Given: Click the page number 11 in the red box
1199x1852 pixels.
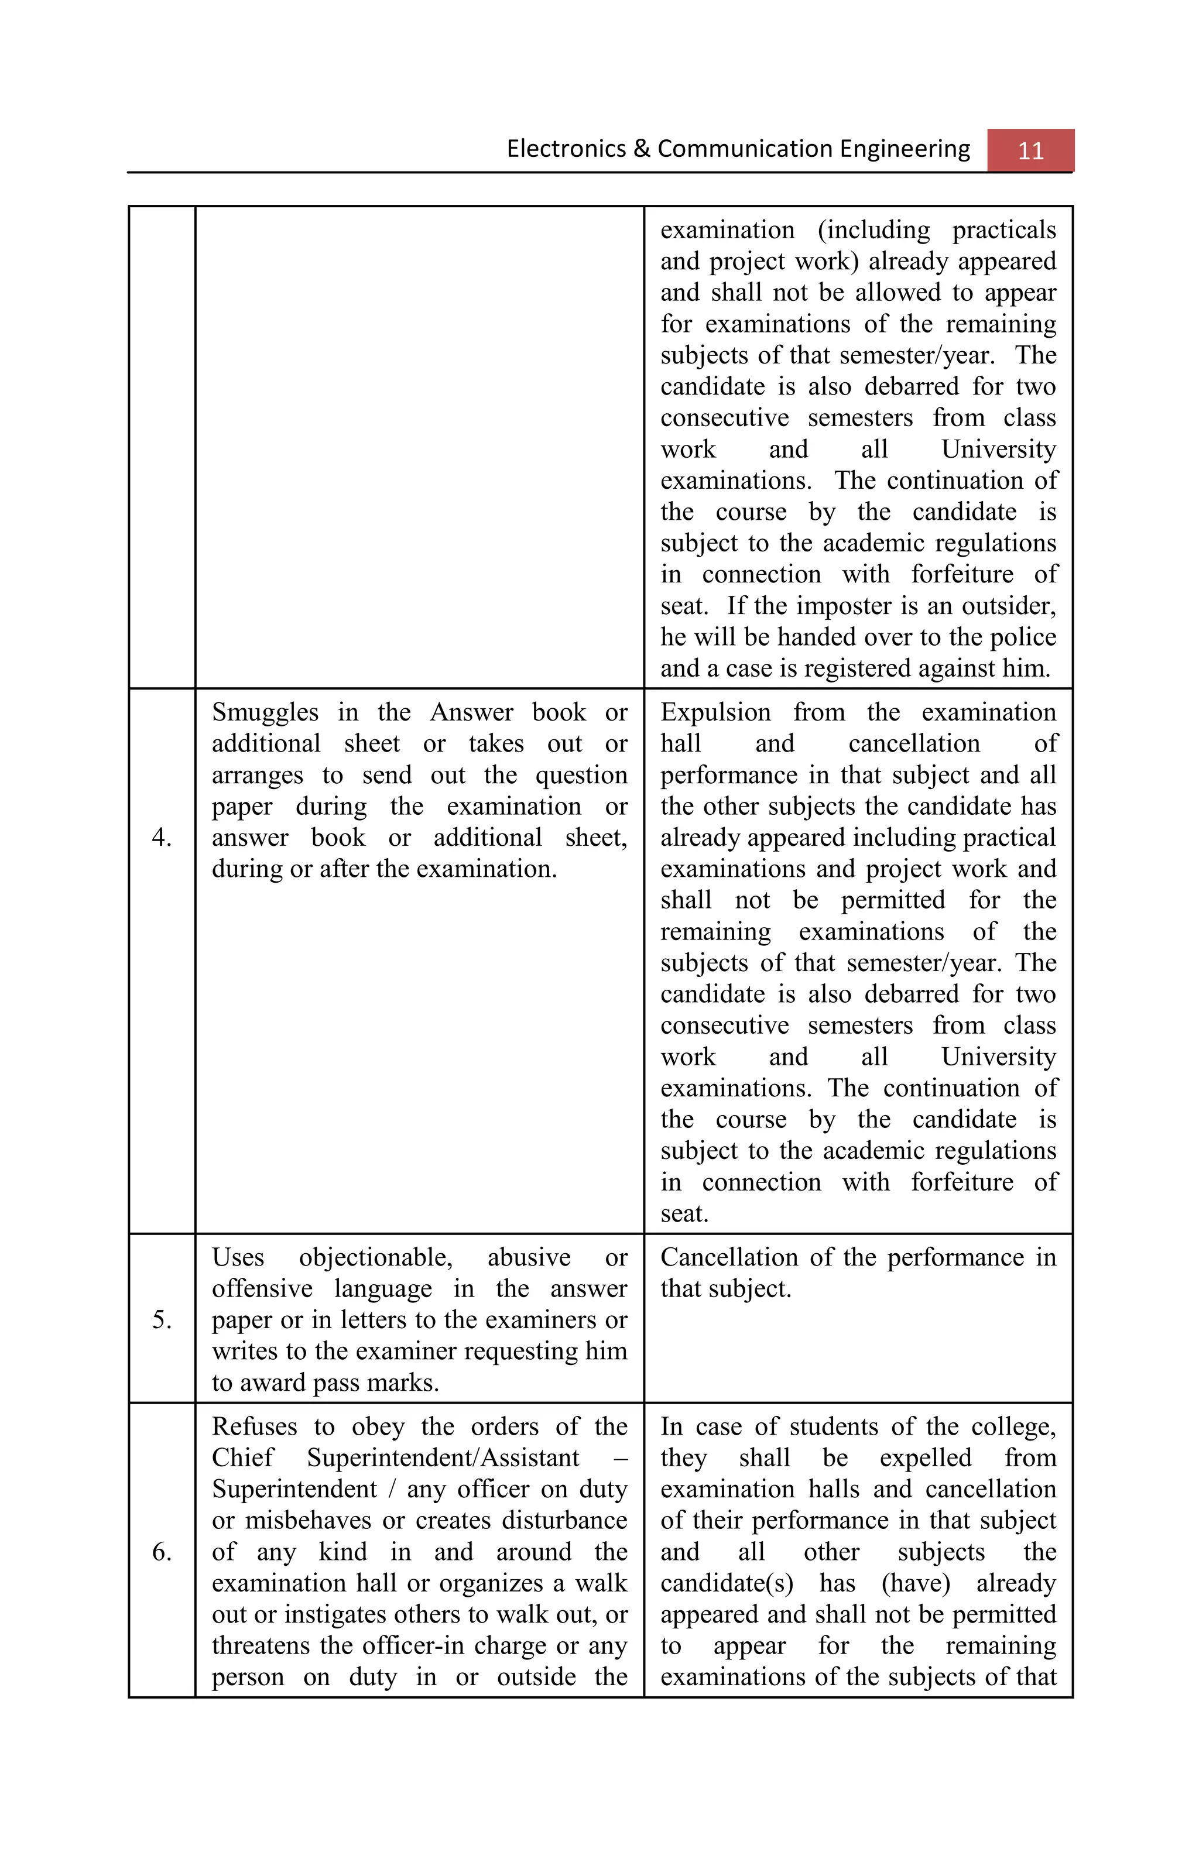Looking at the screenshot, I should click(x=1030, y=150).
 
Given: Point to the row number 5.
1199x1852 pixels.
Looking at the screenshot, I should click(x=162, y=1320).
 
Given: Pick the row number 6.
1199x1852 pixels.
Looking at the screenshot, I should click(x=162, y=1551).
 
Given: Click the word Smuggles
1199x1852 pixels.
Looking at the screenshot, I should click(x=265, y=712).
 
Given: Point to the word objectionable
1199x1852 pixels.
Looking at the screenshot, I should click(x=376, y=1257).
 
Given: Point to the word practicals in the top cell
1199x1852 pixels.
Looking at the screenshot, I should click(x=1003, y=231).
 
